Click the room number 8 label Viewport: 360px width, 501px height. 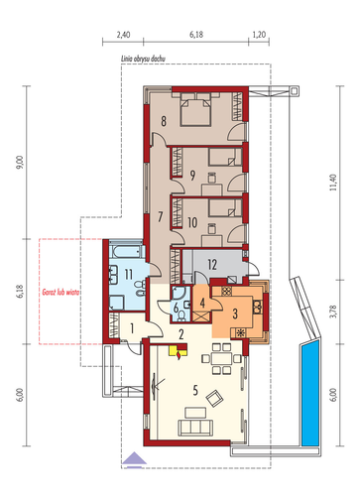[164, 121]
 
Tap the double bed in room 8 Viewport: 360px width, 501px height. [195, 109]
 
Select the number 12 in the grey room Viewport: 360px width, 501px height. [212, 265]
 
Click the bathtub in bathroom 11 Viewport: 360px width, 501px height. [127, 251]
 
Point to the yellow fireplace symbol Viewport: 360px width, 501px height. [178, 351]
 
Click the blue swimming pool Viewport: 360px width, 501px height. [310, 394]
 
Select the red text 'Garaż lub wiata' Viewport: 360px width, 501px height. [60, 292]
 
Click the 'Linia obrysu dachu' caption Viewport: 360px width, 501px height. [143, 59]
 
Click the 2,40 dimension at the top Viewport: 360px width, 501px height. [123, 35]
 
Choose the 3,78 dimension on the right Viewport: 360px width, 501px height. [333, 312]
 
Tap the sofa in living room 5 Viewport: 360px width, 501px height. [194, 428]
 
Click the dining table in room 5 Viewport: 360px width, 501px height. [221, 358]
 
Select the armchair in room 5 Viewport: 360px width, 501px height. [214, 398]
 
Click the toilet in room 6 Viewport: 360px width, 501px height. [181, 316]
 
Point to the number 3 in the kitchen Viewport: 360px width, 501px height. [235, 313]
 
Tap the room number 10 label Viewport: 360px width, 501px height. [192, 222]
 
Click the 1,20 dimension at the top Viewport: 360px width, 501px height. [259, 35]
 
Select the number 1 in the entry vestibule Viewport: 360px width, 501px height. [132, 328]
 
